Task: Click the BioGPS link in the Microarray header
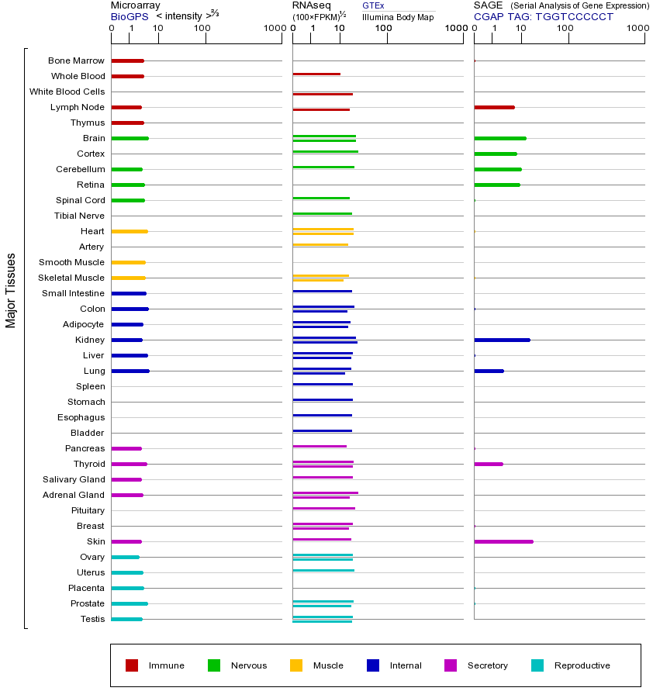[x=130, y=16]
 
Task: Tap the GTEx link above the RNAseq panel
[x=373, y=5]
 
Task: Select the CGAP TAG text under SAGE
[x=544, y=16]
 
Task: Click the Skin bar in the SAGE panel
[x=503, y=541]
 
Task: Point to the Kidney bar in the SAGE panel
[x=502, y=340]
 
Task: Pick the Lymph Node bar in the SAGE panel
[x=494, y=107]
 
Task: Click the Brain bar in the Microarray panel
[x=130, y=138]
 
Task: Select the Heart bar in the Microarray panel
[x=130, y=231]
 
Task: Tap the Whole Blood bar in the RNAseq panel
[x=316, y=74]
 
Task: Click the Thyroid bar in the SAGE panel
[x=489, y=464]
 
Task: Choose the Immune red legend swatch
[x=132, y=665]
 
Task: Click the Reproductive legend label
[x=582, y=665]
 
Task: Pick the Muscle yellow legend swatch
[x=296, y=665]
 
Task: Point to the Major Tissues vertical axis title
[x=11, y=290]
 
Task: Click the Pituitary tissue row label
[x=88, y=510]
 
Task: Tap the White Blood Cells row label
[x=67, y=92]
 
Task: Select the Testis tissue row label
[x=92, y=619]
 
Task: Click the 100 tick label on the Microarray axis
[x=202, y=29]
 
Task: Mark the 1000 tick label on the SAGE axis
[x=637, y=29]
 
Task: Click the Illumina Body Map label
[x=398, y=17]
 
